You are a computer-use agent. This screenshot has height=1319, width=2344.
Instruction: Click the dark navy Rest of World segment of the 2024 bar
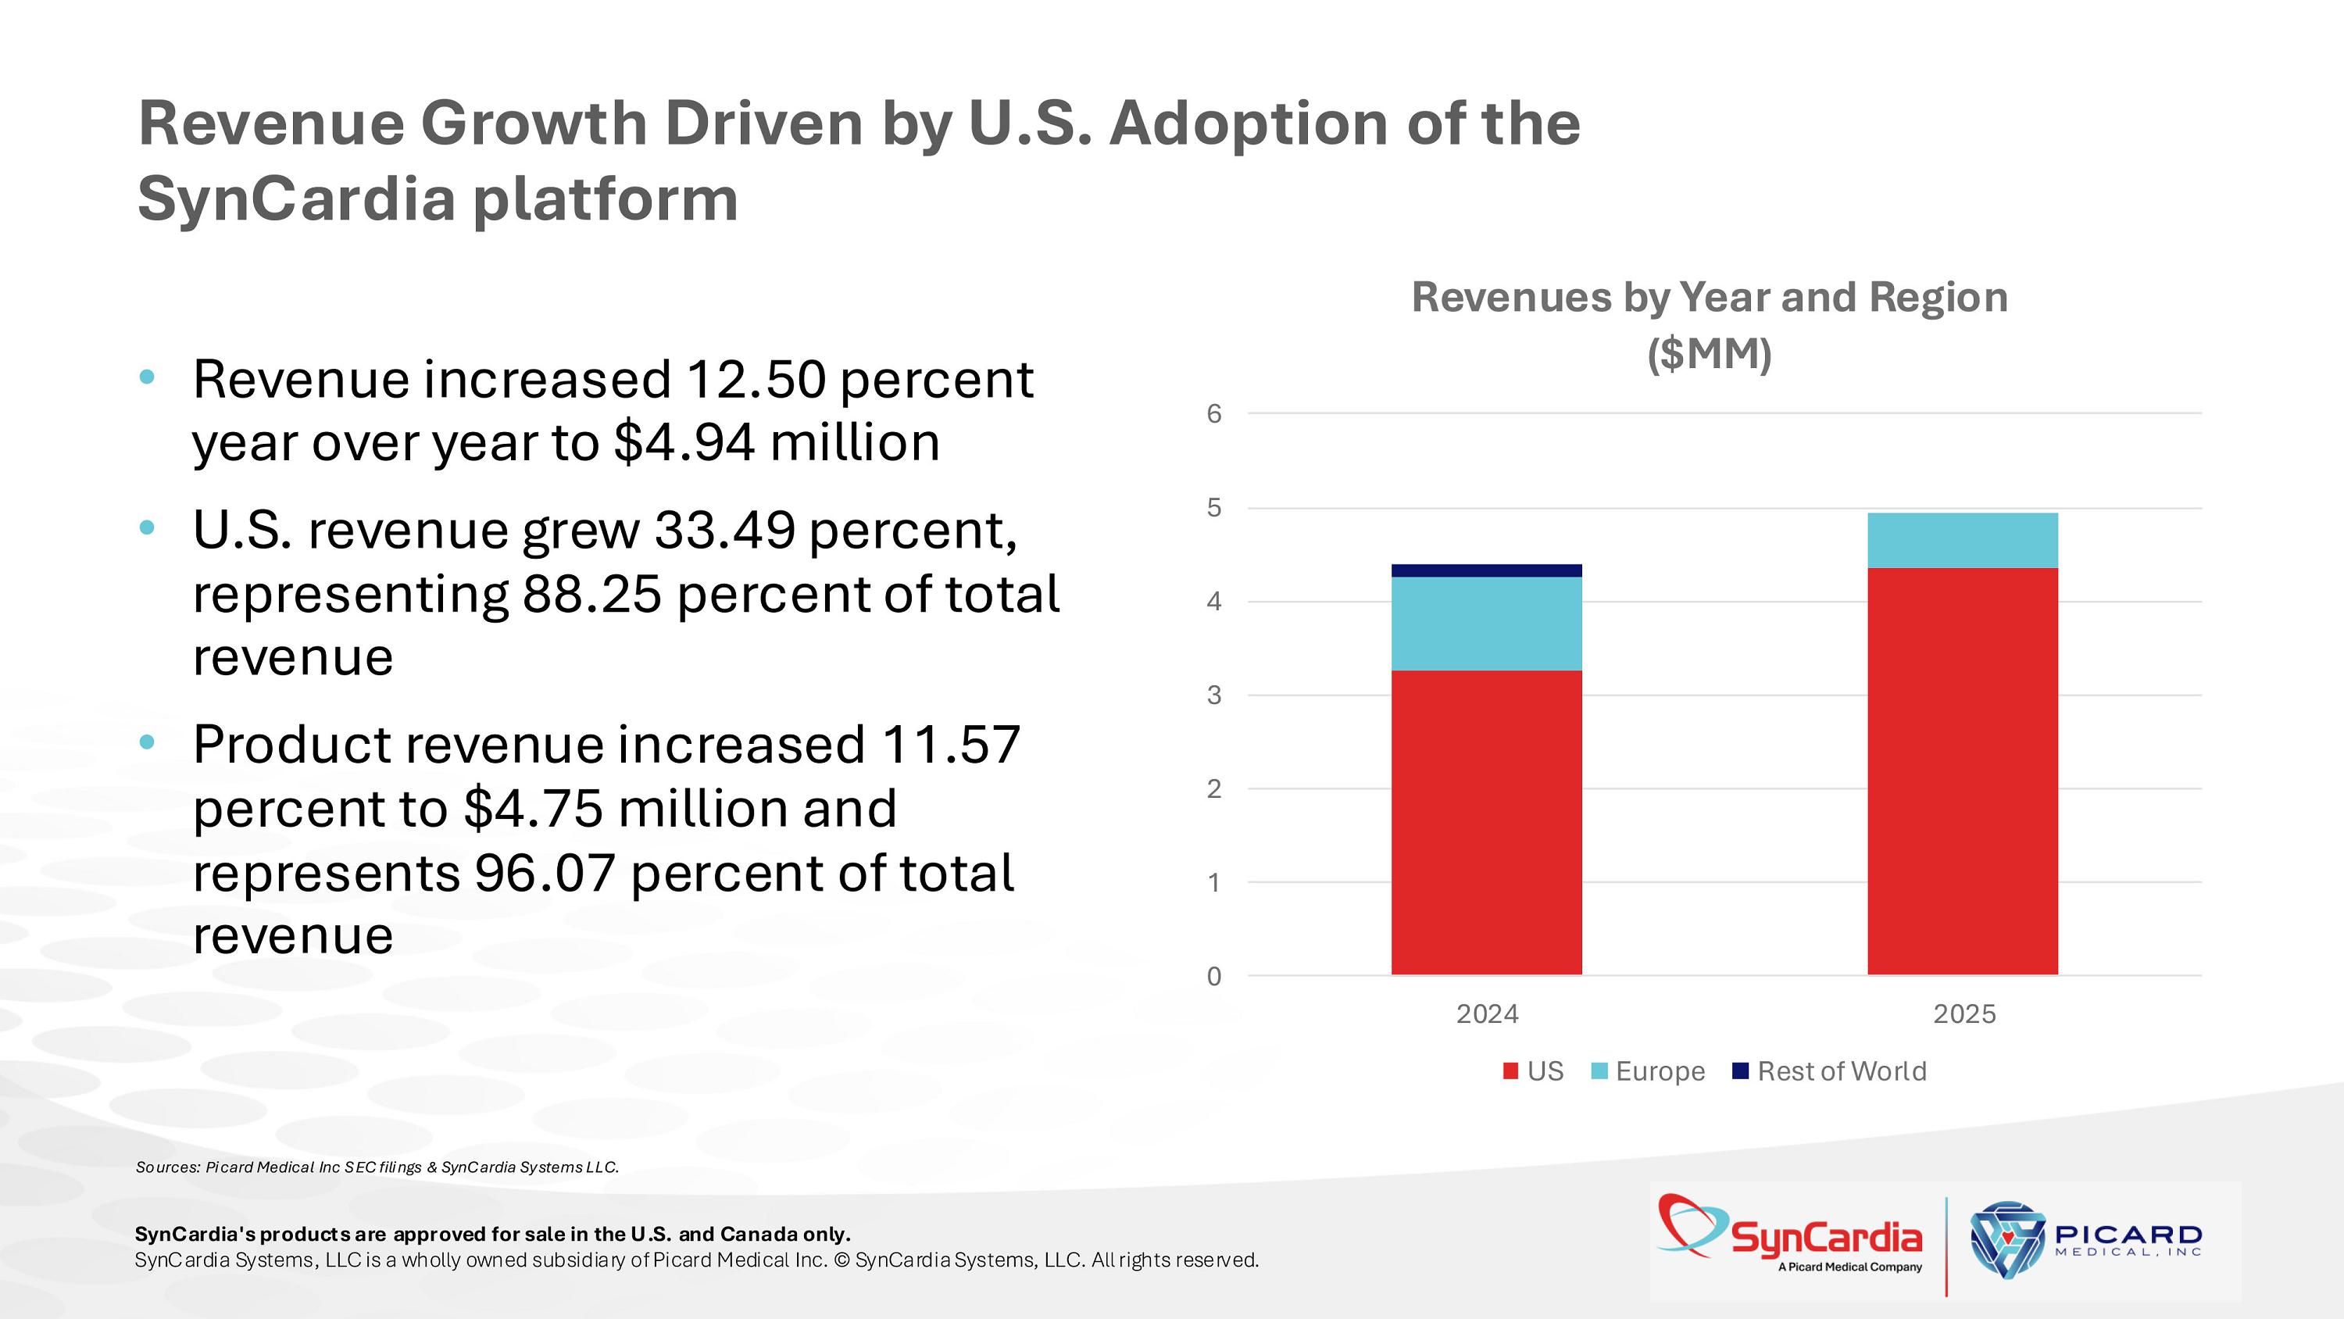pyautogui.click(x=1486, y=570)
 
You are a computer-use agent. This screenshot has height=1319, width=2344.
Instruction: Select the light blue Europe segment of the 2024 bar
pyautogui.click(x=1486, y=624)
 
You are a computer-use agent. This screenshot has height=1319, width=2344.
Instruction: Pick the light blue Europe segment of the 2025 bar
pyautogui.click(x=1963, y=541)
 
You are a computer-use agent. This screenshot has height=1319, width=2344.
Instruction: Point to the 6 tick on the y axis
pyautogui.click(x=1214, y=414)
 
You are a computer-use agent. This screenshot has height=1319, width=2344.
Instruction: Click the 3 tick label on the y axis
pyautogui.click(x=1214, y=695)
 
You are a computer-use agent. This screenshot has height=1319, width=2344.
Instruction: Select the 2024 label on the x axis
pyautogui.click(x=1487, y=1014)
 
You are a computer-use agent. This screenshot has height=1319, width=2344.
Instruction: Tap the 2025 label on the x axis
pyautogui.click(x=1963, y=1014)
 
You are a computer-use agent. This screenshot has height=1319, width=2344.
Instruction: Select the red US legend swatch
pyautogui.click(x=1510, y=1071)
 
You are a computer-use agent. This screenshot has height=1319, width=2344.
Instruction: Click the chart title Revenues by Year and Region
pyautogui.click(x=1709, y=298)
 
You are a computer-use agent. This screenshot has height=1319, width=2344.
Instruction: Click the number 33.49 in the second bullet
pyautogui.click(x=724, y=530)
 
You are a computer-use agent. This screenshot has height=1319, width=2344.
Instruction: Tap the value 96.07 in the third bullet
pyautogui.click(x=544, y=873)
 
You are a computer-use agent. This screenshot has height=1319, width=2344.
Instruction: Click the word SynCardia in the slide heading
pyautogui.click(x=295, y=198)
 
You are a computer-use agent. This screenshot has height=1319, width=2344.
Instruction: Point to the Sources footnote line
pyautogui.click(x=377, y=1167)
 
